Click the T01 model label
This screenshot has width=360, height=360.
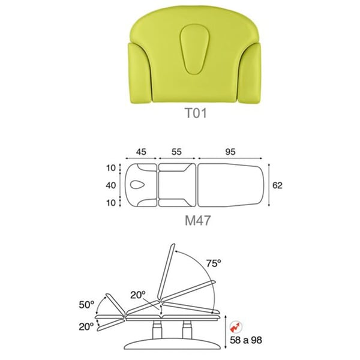(x=196, y=113)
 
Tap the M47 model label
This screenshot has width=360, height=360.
(x=197, y=220)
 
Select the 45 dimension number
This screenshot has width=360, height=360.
(x=141, y=152)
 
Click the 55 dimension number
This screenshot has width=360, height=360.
(x=176, y=152)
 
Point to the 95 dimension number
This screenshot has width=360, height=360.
(x=230, y=152)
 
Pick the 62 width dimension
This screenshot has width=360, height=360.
(x=277, y=185)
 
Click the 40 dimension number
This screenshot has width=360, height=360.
(x=110, y=185)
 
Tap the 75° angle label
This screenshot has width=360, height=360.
(x=214, y=263)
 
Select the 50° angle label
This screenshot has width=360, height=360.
(x=86, y=305)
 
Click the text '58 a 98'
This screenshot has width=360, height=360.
(x=246, y=340)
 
